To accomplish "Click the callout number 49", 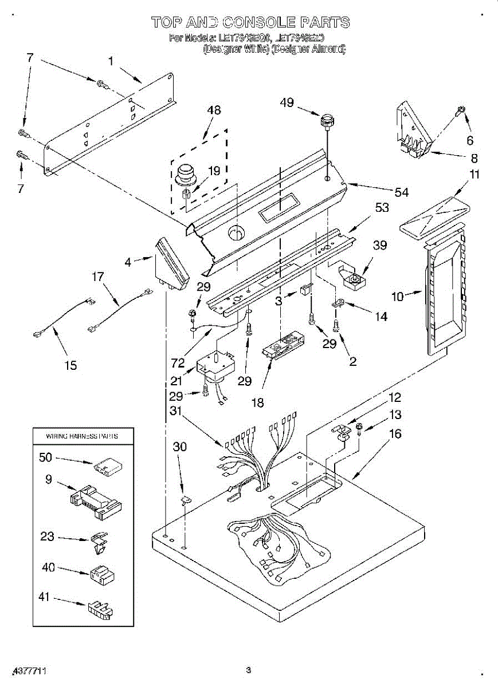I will pyautogui.click(x=287, y=102).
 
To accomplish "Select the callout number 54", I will pyautogui.click(x=402, y=192).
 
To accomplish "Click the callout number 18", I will pyautogui.click(x=258, y=402).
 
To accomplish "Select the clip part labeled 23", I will pyautogui.click(x=99, y=542).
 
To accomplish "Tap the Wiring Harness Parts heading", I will pyautogui.click(x=81, y=436).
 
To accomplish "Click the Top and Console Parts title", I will pyautogui.click(x=250, y=22).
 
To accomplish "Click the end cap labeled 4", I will pyautogui.click(x=171, y=265).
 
